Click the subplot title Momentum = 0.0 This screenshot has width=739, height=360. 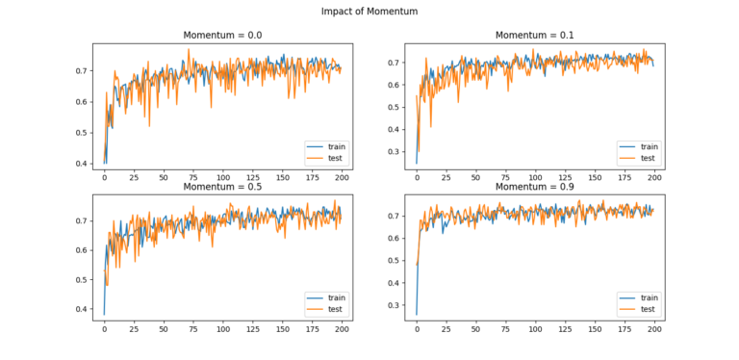(x=223, y=36)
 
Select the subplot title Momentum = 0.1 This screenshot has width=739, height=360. (x=535, y=36)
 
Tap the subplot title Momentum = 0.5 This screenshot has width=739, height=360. (x=223, y=186)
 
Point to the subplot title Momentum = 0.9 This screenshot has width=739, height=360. (x=535, y=186)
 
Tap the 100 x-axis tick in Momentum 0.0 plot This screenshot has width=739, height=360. (x=223, y=179)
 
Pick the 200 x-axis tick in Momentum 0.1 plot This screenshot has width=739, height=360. (x=654, y=179)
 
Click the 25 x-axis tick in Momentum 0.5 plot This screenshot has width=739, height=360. (x=135, y=329)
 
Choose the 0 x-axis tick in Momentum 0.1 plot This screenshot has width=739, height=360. (x=417, y=179)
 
